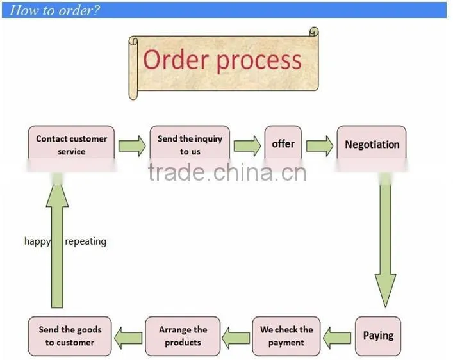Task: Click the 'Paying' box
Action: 378,336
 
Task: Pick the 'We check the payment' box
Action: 286,336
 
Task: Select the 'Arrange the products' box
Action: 183,336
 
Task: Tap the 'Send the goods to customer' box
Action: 70,336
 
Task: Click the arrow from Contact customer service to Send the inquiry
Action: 132,146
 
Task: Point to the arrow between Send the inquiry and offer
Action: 247,146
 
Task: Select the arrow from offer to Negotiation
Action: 320,146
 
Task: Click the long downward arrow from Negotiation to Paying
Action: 385,240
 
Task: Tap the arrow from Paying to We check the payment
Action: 337,338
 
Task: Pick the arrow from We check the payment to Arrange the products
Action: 236,338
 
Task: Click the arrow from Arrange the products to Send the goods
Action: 128,338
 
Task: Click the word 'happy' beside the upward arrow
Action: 37,241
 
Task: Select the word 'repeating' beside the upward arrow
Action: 85,241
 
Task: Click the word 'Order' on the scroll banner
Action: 176,60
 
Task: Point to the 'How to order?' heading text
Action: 54,10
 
